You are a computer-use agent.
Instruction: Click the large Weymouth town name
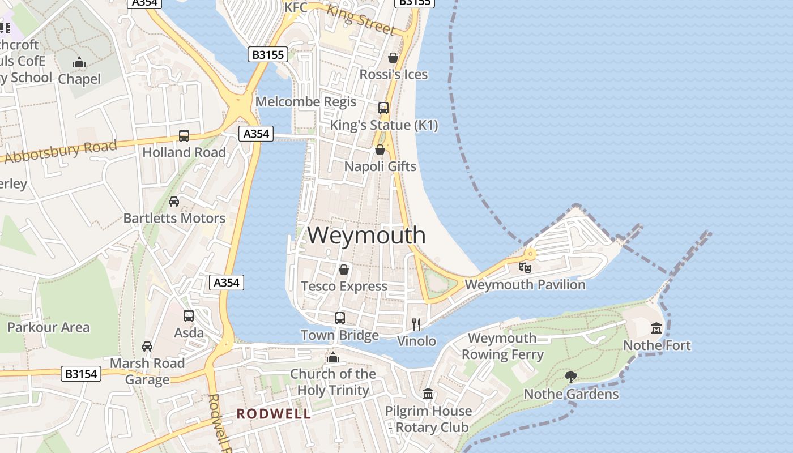(366, 235)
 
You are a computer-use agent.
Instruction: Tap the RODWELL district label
(274, 414)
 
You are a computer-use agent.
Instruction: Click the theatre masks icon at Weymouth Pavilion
(525, 267)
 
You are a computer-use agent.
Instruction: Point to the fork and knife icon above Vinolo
(417, 324)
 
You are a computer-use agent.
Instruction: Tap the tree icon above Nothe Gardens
(571, 377)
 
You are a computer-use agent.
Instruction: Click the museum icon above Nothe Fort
(656, 328)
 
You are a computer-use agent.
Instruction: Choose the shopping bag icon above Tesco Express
(344, 270)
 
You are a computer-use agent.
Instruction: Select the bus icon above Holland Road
(184, 136)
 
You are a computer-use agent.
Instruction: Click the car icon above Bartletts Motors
(174, 202)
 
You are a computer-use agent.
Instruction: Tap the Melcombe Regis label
(306, 102)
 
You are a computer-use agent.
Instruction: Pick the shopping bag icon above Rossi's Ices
(393, 58)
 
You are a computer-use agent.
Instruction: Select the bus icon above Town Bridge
(340, 318)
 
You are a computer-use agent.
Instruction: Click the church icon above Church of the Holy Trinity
(333, 357)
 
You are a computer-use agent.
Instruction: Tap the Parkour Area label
(48, 327)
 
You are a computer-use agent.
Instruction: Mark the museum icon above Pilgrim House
(428, 394)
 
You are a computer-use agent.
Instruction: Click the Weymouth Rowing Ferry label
(502, 347)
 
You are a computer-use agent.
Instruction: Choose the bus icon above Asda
(189, 316)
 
